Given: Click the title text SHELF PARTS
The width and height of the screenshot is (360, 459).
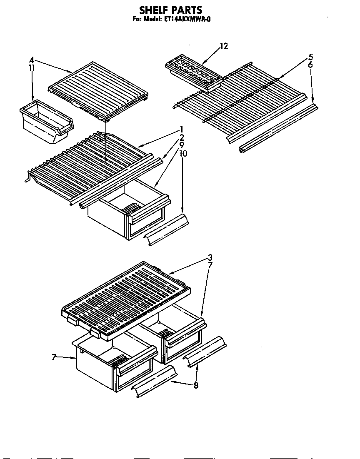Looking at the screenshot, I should pos(170,10).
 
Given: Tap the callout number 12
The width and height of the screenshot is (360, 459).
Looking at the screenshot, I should pos(224,46).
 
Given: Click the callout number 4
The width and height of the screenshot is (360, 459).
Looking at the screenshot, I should pos(32,60).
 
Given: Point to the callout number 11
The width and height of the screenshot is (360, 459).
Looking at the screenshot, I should pos(32,67).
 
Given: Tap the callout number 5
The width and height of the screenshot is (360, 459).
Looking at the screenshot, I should pos(310,57).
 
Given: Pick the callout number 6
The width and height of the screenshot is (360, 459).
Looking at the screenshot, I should pos(310,65).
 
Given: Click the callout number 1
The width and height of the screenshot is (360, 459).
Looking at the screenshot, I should pos(182,129).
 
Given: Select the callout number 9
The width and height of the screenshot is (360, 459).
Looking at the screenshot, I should pos(182,145).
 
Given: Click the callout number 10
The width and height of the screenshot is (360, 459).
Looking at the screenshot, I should pos(183,153).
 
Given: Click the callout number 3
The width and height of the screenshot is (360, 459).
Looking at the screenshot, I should pos(210,257).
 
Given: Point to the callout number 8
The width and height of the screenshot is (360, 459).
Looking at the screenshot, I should pos(196,385).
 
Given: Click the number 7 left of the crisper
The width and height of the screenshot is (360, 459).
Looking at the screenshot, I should pos(54,357).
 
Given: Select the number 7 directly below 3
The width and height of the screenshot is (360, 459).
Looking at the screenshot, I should pos(210,265).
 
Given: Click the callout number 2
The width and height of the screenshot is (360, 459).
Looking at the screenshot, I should pos(182,137).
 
